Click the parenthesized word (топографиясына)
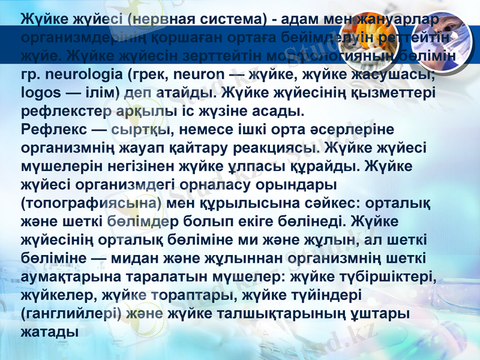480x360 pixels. tap(90, 202)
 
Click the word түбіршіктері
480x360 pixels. tap(388, 277)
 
